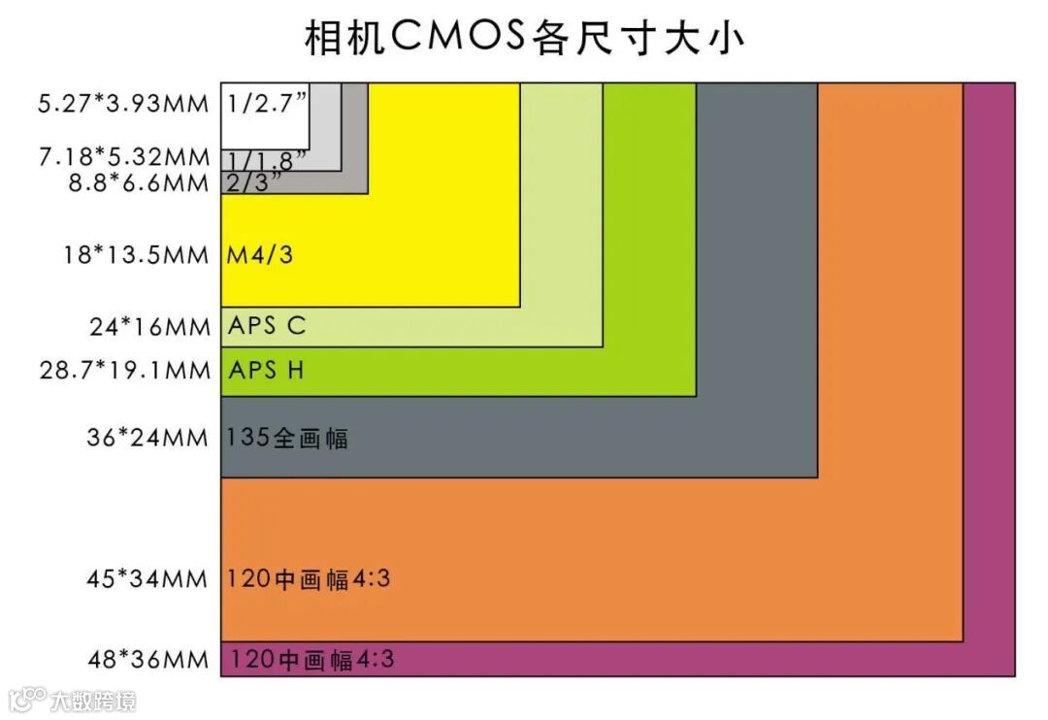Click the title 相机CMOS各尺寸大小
tap(525, 39)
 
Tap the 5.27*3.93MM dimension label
tap(123, 103)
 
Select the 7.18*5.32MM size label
tap(123, 157)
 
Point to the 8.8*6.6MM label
tap(137, 182)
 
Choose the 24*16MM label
tap(150, 327)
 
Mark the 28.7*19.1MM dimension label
tap(124, 370)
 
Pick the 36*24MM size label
tap(147, 438)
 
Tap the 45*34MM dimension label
tap(147, 578)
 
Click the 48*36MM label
tap(147, 660)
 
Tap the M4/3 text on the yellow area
tap(260, 255)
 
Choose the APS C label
tap(267, 326)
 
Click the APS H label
tap(267, 370)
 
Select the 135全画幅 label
tap(286, 438)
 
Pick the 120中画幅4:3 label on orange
tap(309, 578)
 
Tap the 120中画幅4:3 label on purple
tap(311, 660)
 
